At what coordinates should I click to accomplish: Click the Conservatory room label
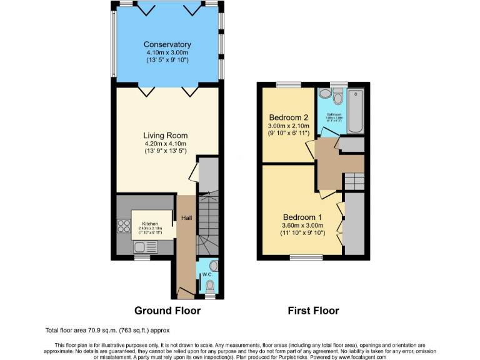pyautogui.click(x=167, y=44)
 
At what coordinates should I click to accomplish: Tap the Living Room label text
pyautogui.click(x=165, y=136)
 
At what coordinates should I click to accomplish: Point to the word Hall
pyautogui.click(x=187, y=217)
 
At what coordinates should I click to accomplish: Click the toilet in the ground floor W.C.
pyautogui.click(x=210, y=286)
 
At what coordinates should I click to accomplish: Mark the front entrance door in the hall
pyautogui.click(x=183, y=291)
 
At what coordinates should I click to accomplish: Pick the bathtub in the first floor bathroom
pyautogui.click(x=355, y=111)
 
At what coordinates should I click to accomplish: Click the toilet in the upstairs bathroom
pyautogui.click(x=338, y=97)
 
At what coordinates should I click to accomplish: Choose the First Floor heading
pyautogui.click(x=313, y=311)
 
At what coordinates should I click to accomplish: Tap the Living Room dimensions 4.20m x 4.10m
pyautogui.click(x=165, y=144)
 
